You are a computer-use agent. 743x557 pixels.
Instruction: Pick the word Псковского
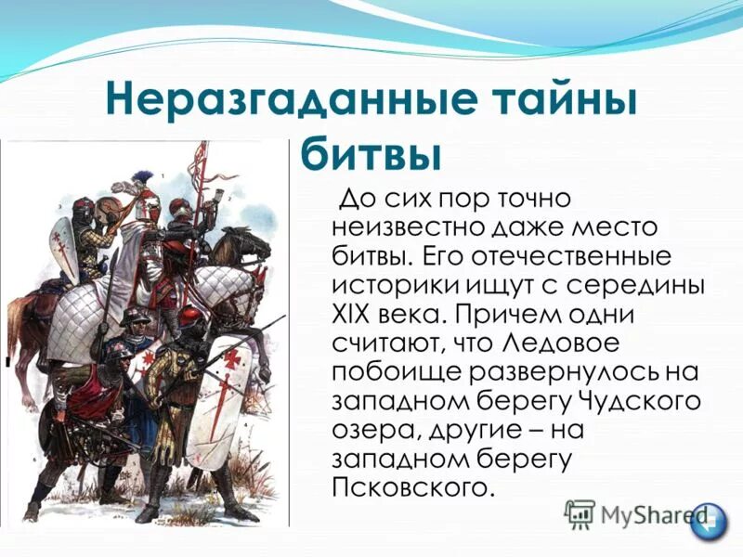pos(409,486)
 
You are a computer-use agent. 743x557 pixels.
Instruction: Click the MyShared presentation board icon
pos(580,513)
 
